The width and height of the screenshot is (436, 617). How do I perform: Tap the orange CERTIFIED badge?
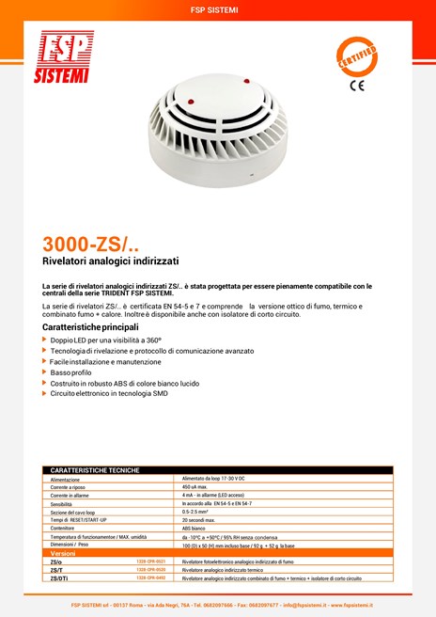tap(357, 55)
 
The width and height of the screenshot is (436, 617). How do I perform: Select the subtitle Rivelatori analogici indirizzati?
tap(111, 260)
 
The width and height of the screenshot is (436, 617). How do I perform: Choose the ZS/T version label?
tap(56, 570)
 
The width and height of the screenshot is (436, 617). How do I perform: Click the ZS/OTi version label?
tap(59, 578)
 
